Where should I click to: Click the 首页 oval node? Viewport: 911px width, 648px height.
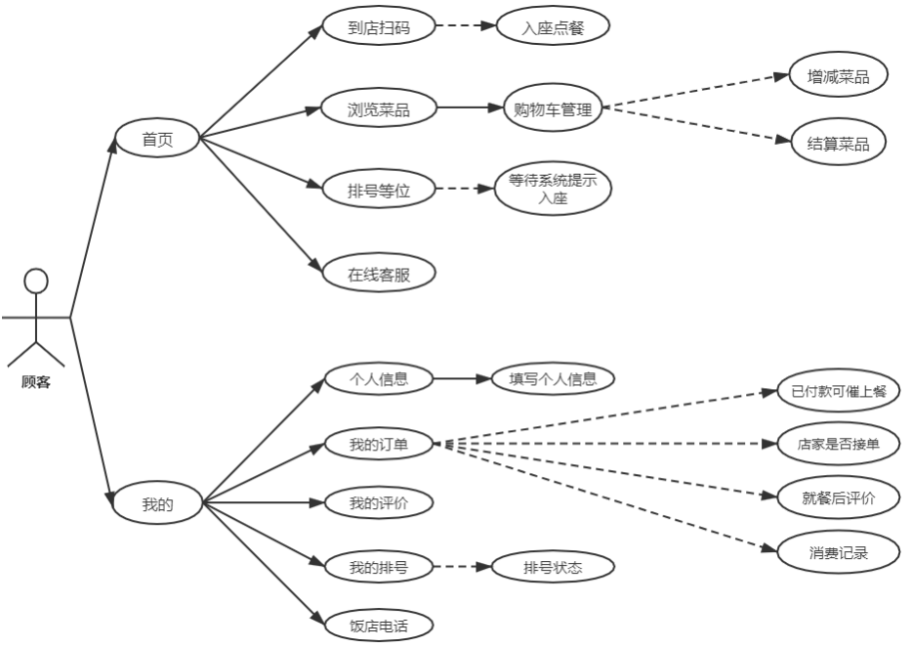point(157,138)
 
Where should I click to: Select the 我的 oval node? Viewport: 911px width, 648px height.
point(157,504)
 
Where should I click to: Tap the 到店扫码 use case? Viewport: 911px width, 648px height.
point(378,27)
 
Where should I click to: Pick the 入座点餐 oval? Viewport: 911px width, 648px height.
point(553,27)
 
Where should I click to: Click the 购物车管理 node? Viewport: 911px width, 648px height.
point(553,109)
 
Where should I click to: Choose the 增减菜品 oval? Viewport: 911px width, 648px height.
point(839,76)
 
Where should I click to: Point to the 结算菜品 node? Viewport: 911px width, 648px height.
point(839,143)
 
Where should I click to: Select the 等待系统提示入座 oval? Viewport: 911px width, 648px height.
point(553,190)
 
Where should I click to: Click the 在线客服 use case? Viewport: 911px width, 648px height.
point(378,275)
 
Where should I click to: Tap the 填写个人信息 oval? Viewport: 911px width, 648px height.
point(553,378)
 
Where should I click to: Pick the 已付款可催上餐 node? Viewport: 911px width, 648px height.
point(839,391)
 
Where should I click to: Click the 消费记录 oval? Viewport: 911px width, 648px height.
point(839,552)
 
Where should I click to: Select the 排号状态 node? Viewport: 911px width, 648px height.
point(553,567)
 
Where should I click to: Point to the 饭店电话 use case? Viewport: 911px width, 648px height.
point(378,625)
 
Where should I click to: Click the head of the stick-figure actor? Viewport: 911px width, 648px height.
point(36,281)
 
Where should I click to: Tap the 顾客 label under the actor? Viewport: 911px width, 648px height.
point(36,382)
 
